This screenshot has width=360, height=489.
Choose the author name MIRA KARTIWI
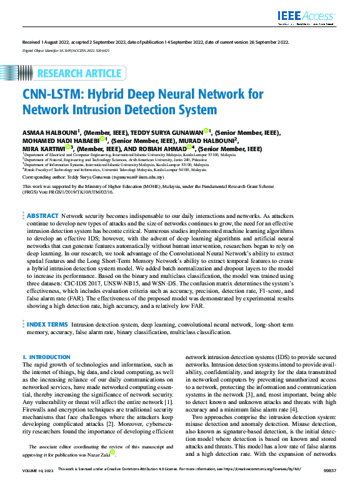coord(42,150)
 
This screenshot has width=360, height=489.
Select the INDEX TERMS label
coord(47,325)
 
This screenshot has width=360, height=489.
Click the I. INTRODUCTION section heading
coord(47,357)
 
